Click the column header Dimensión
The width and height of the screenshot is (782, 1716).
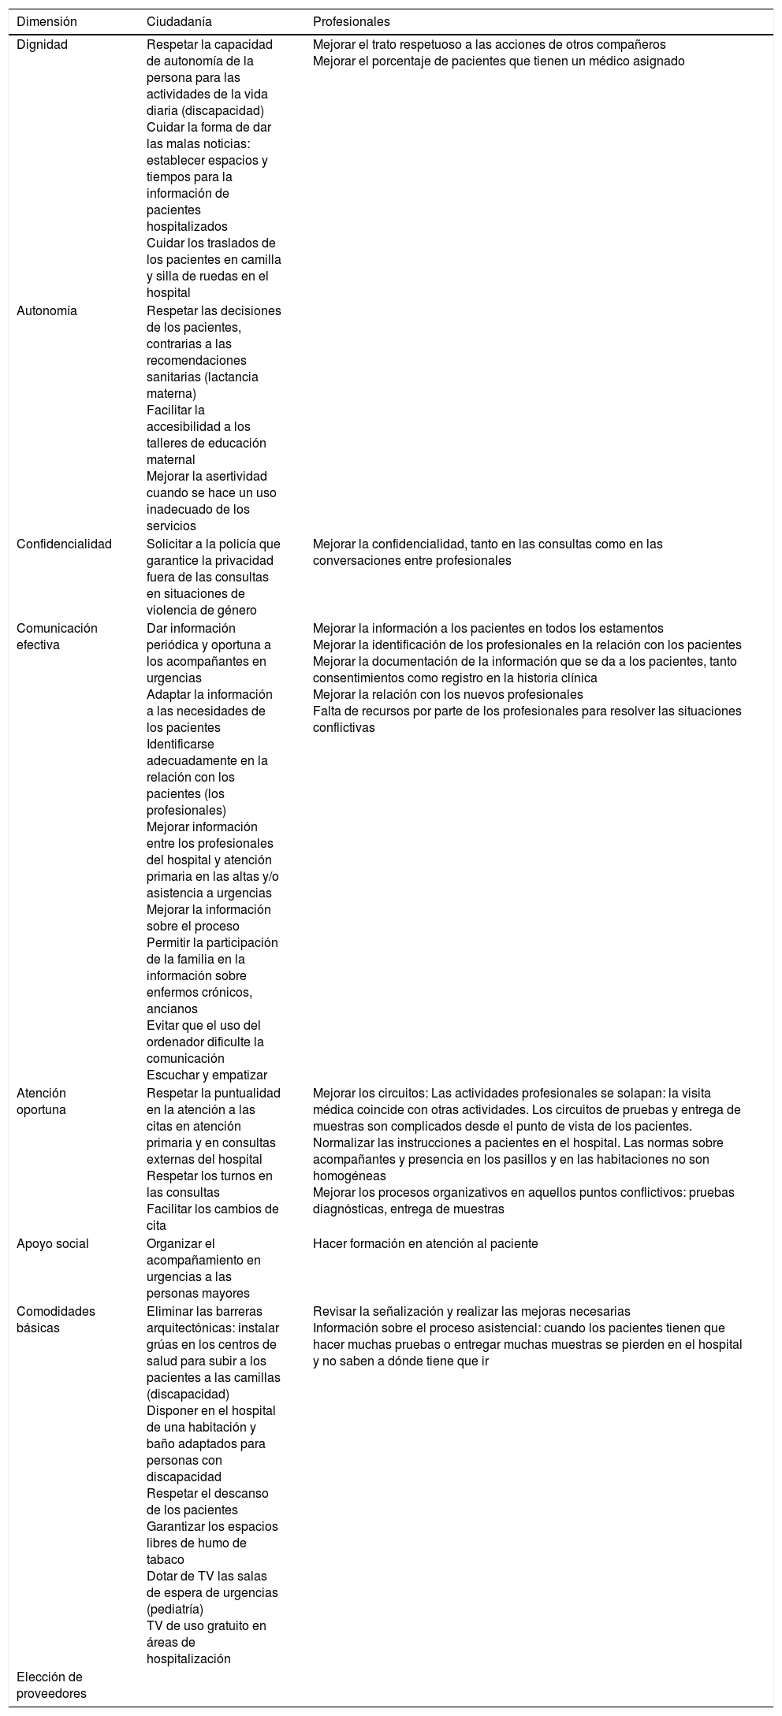coord(47,21)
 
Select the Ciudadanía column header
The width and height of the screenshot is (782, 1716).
coord(179,21)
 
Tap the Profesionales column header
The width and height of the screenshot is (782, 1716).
coord(351,21)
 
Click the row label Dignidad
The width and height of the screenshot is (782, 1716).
coord(43,45)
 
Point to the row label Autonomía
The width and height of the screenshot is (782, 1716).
coord(47,310)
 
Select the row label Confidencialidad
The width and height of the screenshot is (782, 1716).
coord(64,544)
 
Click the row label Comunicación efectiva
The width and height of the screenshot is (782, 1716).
coord(57,636)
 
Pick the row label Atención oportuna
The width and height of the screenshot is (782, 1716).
coord(42,1101)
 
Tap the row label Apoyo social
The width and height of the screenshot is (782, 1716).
coord(53,1243)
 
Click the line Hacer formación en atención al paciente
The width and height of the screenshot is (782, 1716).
coord(425,1243)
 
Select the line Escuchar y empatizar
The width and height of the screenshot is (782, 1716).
coord(207,1075)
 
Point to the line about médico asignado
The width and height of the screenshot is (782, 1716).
coord(498,61)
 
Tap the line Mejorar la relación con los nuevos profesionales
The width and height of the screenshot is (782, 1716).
coord(448,694)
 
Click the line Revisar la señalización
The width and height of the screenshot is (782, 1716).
coord(471,1311)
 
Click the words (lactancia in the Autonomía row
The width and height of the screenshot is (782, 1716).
coord(233,377)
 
